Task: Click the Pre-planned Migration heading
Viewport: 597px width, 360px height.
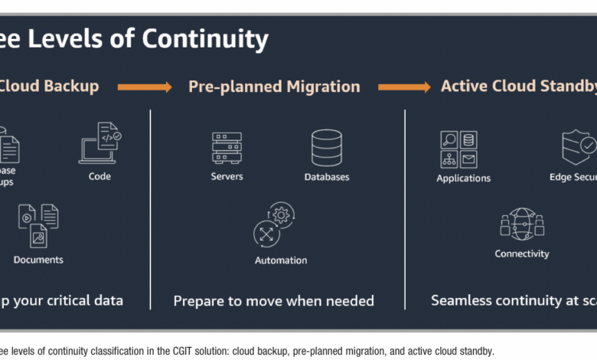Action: click(274, 87)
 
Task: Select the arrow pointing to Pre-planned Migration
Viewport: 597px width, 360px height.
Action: click(145, 87)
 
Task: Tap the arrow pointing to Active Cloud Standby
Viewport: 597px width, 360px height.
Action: click(404, 87)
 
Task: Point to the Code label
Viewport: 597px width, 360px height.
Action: click(99, 176)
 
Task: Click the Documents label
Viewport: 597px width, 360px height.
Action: click(38, 260)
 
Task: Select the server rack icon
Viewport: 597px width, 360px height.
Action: click(227, 147)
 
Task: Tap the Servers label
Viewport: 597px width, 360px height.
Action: click(227, 176)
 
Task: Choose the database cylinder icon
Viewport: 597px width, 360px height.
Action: click(327, 147)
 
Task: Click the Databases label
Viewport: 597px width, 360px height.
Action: click(327, 177)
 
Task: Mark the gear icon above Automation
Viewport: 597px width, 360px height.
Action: click(275, 224)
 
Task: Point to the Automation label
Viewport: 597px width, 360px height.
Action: click(281, 260)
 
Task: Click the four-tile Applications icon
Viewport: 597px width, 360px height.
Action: click(458, 149)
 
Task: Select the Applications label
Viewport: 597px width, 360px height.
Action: click(463, 178)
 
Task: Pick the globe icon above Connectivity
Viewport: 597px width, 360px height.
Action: click(522, 224)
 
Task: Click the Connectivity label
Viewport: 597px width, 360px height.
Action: click(522, 254)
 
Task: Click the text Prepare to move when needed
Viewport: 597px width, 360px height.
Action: click(274, 301)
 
